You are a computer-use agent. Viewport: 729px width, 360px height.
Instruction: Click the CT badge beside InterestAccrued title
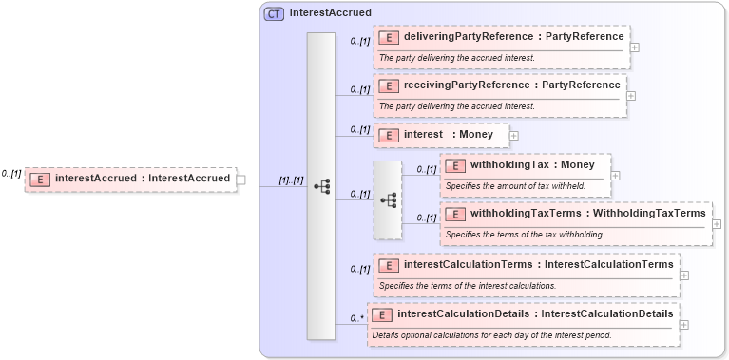point(274,14)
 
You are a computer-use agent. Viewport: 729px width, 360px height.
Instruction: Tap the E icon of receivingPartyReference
point(388,85)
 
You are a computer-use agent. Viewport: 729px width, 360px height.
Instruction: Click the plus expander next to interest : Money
point(514,135)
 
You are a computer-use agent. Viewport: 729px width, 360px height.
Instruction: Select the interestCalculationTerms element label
point(538,263)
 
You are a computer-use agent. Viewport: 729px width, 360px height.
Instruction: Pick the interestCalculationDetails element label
point(534,313)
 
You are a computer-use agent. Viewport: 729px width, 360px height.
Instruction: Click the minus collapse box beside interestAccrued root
point(241,179)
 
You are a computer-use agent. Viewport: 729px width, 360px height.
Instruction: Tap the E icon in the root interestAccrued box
point(40,179)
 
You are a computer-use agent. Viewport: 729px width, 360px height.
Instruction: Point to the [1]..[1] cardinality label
point(290,180)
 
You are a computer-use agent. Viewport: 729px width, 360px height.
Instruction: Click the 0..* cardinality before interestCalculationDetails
point(357,318)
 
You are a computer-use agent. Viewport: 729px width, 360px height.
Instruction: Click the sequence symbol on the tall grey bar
point(321,186)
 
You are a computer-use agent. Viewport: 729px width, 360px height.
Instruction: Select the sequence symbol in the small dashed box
point(388,200)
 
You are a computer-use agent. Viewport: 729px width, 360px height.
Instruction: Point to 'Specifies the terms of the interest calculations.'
point(467,285)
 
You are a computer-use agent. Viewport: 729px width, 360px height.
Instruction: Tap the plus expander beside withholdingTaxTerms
point(717,224)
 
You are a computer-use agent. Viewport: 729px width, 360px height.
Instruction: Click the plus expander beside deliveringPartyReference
point(634,47)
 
